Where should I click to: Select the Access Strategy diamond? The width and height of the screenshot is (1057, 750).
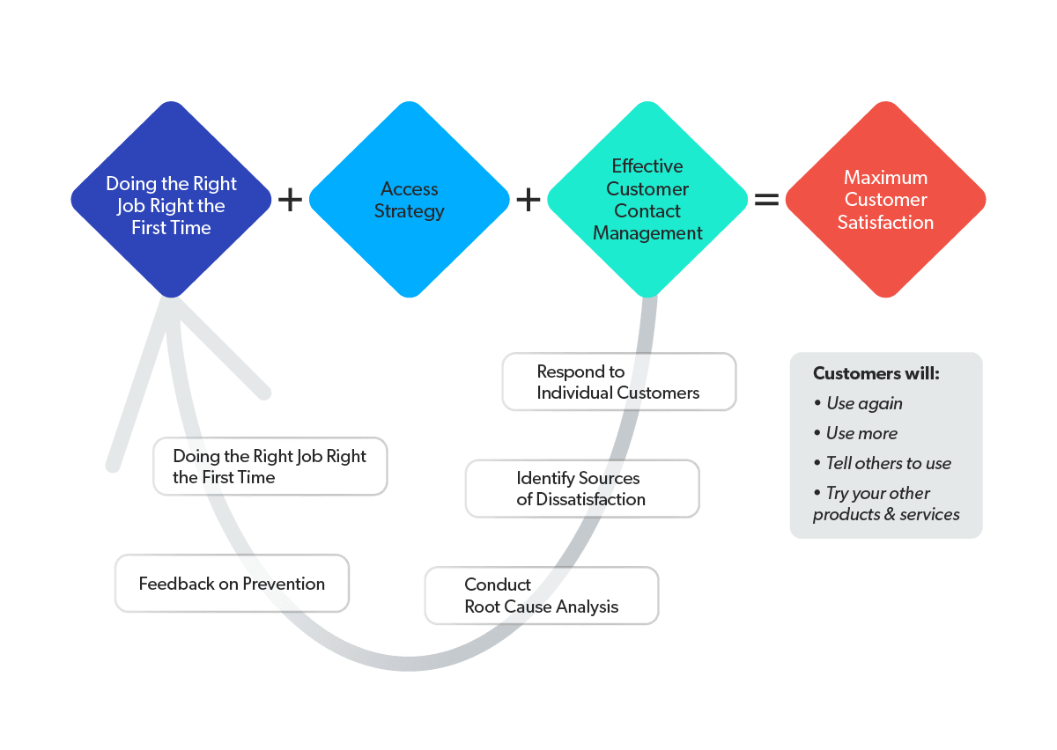(x=409, y=200)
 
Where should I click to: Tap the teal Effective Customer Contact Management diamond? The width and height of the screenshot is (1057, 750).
(x=647, y=200)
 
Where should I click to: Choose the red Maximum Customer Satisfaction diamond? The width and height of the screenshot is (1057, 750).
(x=885, y=200)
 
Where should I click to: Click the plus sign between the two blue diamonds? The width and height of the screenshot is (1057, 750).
(x=290, y=200)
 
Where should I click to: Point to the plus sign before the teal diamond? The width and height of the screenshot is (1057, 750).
(x=528, y=200)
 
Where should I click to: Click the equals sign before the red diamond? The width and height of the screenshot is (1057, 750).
(x=766, y=200)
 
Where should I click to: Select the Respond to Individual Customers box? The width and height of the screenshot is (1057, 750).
(x=618, y=382)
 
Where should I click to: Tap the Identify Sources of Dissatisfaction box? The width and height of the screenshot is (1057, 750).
(x=581, y=489)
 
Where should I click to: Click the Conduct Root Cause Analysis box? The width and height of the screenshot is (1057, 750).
(x=541, y=596)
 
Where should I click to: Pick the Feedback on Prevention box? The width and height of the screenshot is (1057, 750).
(x=232, y=584)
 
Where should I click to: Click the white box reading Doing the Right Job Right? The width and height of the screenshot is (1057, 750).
(x=270, y=467)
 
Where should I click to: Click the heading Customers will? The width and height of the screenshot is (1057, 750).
(x=876, y=373)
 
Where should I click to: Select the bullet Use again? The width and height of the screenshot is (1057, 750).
(x=863, y=403)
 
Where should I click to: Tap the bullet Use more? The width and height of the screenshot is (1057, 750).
(x=861, y=433)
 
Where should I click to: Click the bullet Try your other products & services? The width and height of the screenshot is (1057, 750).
(x=885, y=504)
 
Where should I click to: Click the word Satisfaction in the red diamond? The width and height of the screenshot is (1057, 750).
(x=885, y=223)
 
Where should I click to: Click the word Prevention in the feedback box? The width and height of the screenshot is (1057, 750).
(x=284, y=584)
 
